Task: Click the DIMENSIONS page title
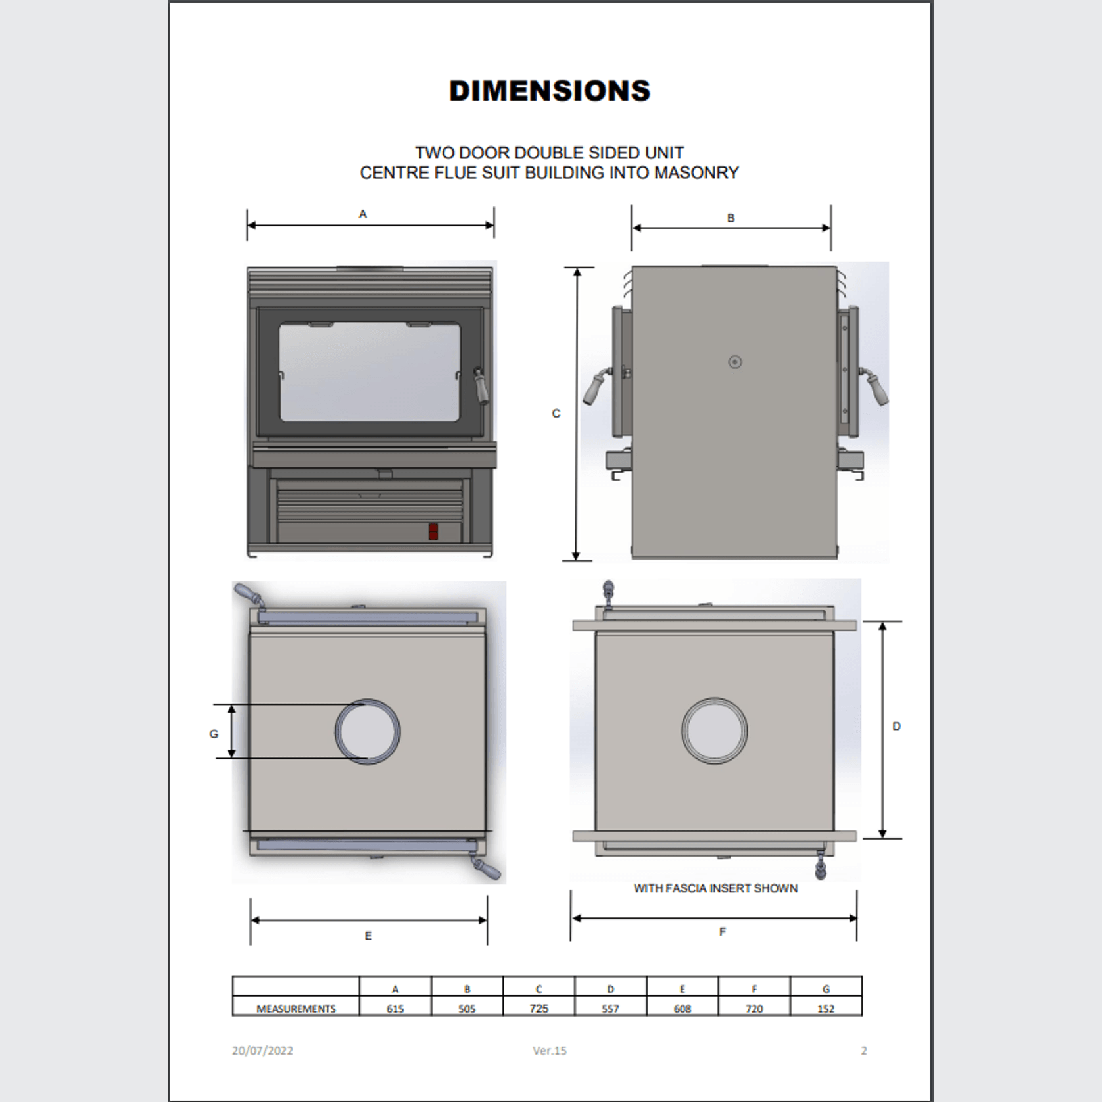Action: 550,91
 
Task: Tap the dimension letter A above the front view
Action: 362,214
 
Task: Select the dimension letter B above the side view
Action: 731,218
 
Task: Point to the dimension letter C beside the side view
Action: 556,414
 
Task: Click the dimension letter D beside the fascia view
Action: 896,727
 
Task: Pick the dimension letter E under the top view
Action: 368,936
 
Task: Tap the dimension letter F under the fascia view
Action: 723,932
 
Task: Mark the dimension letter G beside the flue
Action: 214,734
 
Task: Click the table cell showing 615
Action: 395,1009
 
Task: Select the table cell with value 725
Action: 539,1009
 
